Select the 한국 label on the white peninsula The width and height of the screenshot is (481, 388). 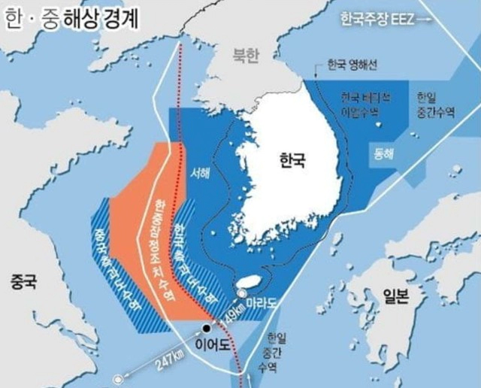click(294, 161)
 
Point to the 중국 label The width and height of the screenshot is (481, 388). click(23, 283)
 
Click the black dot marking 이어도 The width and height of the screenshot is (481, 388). click(206, 329)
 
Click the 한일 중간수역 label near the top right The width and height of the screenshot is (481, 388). click(435, 105)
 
